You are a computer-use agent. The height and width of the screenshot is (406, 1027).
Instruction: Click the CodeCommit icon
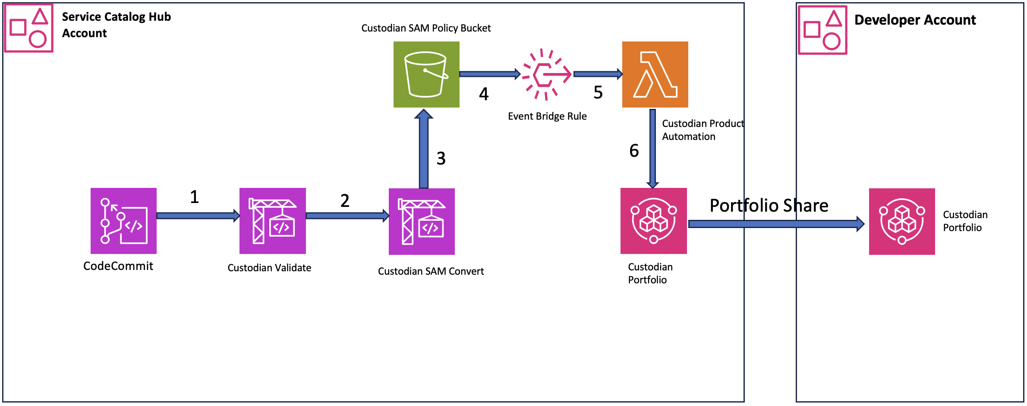[123, 221]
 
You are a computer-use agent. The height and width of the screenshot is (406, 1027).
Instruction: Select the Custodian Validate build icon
[273, 221]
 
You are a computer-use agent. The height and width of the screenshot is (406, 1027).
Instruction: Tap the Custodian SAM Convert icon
[422, 221]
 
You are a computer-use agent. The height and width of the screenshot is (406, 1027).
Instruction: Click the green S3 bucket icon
[426, 74]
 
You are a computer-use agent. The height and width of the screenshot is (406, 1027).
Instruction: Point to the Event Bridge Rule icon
[546, 74]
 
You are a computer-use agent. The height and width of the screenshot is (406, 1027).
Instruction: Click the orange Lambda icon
[655, 74]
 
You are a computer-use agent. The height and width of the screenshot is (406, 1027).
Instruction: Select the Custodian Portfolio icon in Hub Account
[653, 221]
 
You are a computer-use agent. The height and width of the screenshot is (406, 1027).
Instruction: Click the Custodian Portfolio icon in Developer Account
[902, 221]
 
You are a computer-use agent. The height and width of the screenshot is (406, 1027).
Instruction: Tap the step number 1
[195, 197]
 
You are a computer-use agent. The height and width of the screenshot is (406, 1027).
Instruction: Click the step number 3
[441, 159]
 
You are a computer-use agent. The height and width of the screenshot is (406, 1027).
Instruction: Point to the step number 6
[634, 151]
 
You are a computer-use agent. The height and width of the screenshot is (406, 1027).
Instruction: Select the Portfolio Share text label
[769, 206]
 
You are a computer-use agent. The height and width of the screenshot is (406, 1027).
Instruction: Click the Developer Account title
[915, 20]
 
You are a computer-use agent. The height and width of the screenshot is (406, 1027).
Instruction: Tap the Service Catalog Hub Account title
[116, 25]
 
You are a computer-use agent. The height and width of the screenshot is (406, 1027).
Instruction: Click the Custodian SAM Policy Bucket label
[426, 28]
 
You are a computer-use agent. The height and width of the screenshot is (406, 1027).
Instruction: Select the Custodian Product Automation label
[703, 130]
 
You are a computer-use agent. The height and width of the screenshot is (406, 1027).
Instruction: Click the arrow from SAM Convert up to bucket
[424, 149]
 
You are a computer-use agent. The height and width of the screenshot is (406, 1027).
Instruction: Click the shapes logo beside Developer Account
[822, 30]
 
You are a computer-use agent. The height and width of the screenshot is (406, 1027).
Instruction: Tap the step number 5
[598, 92]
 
